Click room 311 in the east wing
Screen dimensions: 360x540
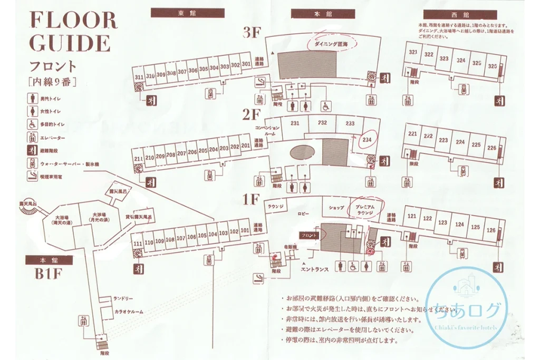pos(139,77)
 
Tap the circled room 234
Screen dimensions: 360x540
pos(367,140)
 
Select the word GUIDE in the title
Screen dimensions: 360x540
pos(70,43)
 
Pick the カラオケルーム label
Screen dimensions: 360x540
pos(129,312)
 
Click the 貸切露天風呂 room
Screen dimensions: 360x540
pos(138,217)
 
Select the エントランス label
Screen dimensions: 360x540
pos(314,269)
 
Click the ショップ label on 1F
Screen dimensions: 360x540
pos(336,207)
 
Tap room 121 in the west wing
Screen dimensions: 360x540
pos(412,217)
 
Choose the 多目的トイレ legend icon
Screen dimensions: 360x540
pos(33,124)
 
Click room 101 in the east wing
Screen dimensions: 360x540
pos(245,231)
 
